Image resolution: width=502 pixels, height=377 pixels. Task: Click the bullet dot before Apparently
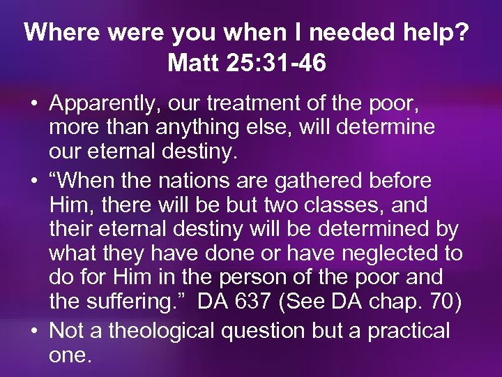click(34, 105)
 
